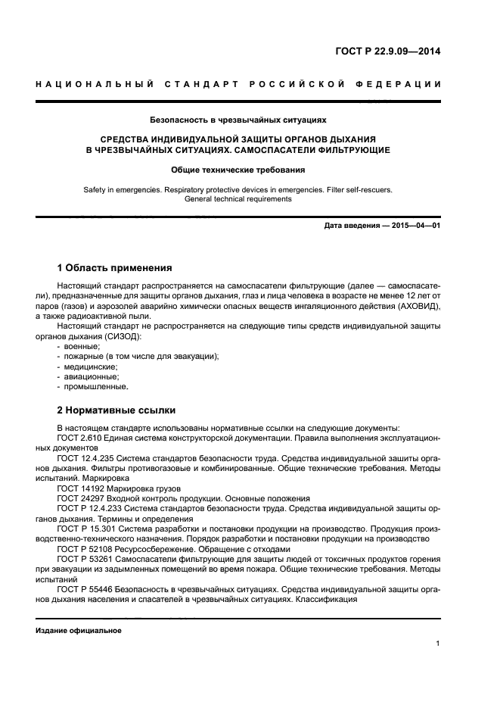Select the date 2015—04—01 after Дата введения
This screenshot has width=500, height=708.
[415, 226]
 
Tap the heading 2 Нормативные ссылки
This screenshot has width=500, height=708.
[116, 410]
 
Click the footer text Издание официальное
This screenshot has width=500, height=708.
[79, 630]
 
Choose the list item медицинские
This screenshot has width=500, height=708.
[90, 366]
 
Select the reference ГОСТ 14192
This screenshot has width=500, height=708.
[79, 489]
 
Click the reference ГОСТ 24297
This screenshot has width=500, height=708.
[79, 499]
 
